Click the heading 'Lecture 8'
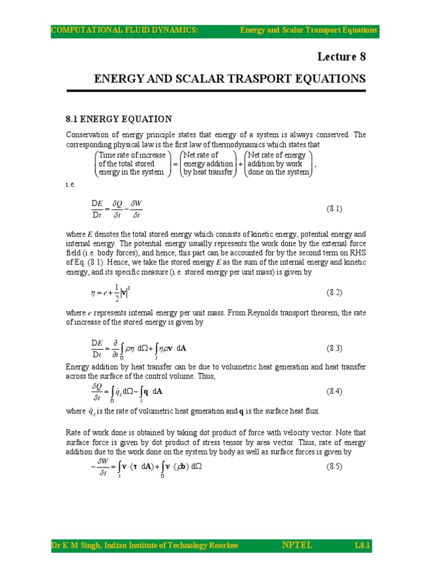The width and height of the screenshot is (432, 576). [x=341, y=57]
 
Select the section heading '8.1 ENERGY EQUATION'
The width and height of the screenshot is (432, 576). [x=119, y=119]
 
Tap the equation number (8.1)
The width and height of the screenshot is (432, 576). [x=335, y=209]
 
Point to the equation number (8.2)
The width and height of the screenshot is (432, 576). [x=335, y=293]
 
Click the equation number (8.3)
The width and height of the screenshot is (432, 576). [x=335, y=348]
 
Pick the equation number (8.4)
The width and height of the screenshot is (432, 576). [x=335, y=391]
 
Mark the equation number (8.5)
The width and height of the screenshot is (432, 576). [x=335, y=467]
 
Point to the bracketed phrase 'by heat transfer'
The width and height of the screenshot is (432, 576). [x=208, y=172]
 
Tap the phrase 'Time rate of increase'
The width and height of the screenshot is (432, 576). [x=132, y=155]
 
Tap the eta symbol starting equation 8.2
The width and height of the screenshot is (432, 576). [x=85, y=293]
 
